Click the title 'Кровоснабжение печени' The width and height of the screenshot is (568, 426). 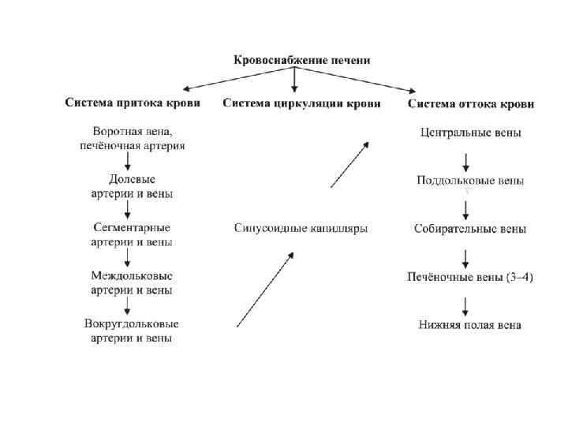coord(301,60)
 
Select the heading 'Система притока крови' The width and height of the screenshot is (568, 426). coord(132,103)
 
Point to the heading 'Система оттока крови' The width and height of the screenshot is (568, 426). coord(470,104)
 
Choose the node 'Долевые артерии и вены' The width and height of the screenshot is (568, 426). coord(132,186)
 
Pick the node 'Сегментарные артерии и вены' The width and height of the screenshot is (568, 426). coord(132,234)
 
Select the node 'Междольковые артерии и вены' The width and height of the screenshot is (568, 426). coord(132,282)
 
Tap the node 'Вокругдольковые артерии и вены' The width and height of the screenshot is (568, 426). coord(132,331)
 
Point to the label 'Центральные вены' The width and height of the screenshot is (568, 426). coord(469,133)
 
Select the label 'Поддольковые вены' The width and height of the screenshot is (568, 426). coord(470,181)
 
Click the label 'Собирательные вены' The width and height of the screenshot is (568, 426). coord(470,230)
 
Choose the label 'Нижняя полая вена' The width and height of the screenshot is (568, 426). coord(469,325)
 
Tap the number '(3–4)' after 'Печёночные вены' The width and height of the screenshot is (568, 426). coord(518,278)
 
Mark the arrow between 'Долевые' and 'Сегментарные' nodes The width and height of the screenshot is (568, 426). coord(129,211)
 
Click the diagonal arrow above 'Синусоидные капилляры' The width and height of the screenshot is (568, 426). coord(349,164)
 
